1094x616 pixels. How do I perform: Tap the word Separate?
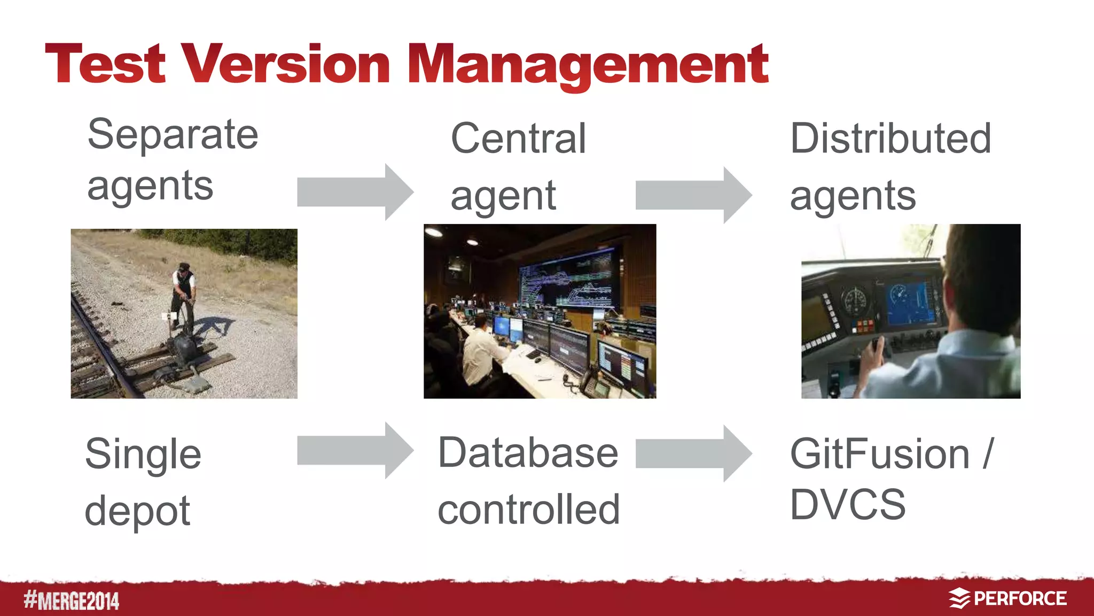pyautogui.click(x=173, y=135)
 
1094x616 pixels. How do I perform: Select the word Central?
pyautogui.click(x=518, y=138)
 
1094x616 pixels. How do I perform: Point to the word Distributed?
pyautogui.click(x=890, y=138)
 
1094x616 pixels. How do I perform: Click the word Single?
pyautogui.click(x=143, y=455)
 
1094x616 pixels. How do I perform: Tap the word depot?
pyautogui.click(x=137, y=511)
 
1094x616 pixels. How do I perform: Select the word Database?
pyautogui.click(x=528, y=453)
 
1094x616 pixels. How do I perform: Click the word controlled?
pyautogui.click(x=528, y=510)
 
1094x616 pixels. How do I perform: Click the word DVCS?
pyautogui.click(x=848, y=505)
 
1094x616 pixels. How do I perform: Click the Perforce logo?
pyautogui.click(x=1007, y=598)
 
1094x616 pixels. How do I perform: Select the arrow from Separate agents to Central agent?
pyautogui.click(x=355, y=192)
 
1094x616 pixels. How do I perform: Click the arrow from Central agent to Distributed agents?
pyautogui.click(x=693, y=195)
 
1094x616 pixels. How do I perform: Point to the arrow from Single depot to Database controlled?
pyautogui.click(x=355, y=450)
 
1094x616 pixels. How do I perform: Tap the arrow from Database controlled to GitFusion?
pyautogui.click(x=693, y=453)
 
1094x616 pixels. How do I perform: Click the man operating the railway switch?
pyautogui.click(x=183, y=294)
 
